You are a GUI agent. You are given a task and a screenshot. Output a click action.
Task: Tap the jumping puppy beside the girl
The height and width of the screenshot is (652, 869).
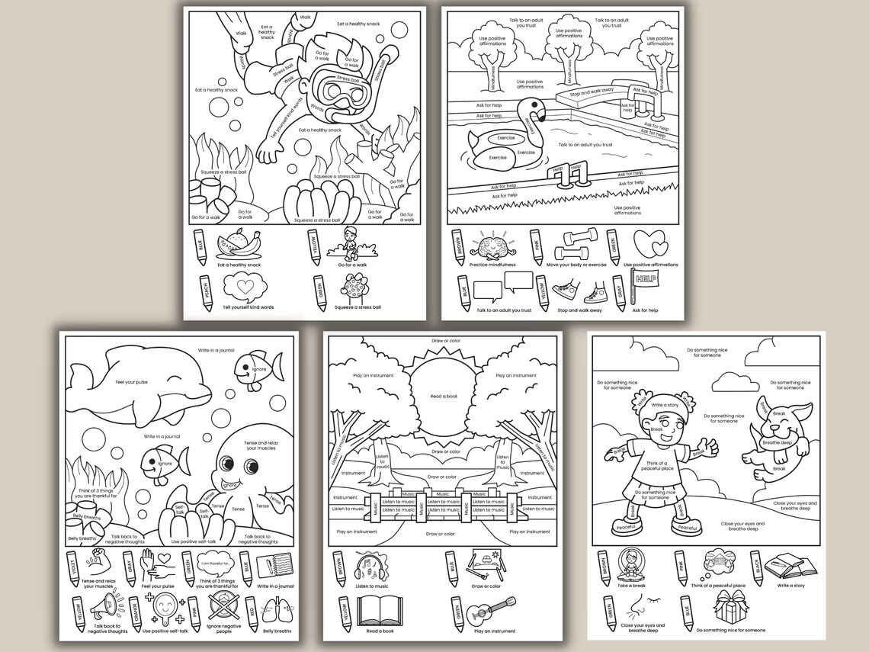click(771, 438)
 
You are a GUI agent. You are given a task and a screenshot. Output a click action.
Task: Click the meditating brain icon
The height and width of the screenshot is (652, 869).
click(492, 246)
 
